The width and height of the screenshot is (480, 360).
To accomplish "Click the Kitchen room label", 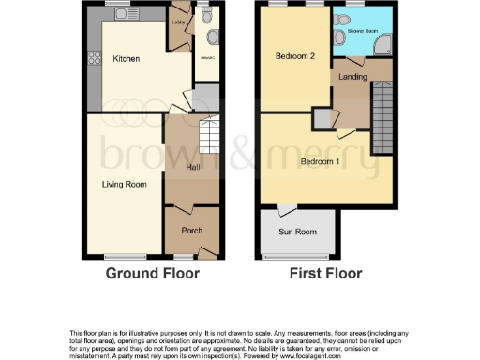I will pos(127,59).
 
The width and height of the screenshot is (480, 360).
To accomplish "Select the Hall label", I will pos(193,167).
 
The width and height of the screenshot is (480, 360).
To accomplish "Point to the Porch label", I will pos(192,231).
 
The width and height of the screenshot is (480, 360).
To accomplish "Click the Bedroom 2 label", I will pos(293,57).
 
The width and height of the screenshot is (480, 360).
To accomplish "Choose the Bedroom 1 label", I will pos(320,161).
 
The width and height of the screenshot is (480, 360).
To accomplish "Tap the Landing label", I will pos(352,77).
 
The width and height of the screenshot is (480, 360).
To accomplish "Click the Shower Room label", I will pos(362,29).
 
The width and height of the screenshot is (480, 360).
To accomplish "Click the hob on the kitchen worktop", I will pos(94,62).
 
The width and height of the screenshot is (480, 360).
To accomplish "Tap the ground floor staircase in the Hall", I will pos(209,139).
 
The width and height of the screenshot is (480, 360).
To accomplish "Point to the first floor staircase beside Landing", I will pos(383,117).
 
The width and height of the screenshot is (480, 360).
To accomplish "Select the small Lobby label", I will pos(179,17).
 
